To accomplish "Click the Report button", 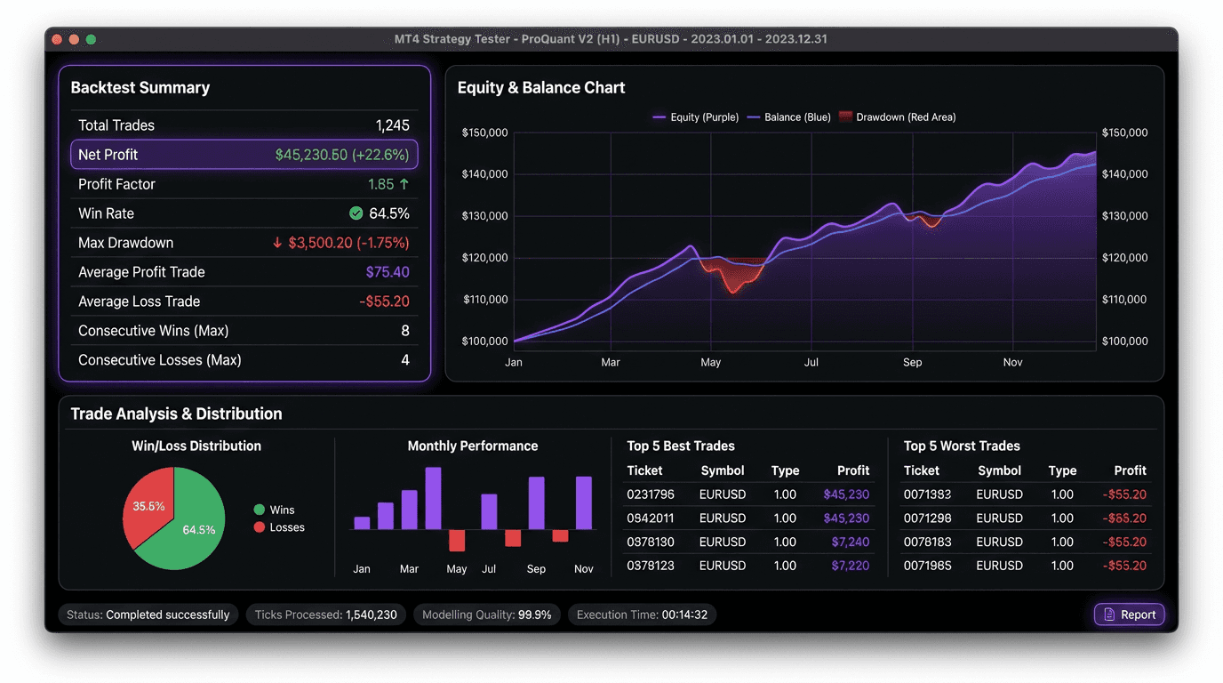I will pyautogui.click(x=1129, y=615).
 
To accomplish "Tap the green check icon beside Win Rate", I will pyautogui.click(x=356, y=213).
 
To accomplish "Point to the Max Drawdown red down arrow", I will pyautogui.click(x=277, y=243).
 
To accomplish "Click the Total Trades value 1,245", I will pyautogui.click(x=392, y=125).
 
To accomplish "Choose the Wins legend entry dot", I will pyautogui.click(x=260, y=510).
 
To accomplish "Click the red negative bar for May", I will pyautogui.click(x=457, y=540).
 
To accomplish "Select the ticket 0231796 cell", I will pyautogui.click(x=651, y=494).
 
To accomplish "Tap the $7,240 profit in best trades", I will pyautogui.click(x=850, y=542).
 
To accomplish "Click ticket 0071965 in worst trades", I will pyautogui.click(x=927, y=566).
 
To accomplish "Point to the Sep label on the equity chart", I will pyautogui.click(x=913, y=363).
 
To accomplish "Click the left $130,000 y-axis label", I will pyautogui.click(x=484, y=216).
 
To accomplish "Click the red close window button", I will pyautogui.click(x=57, y=39).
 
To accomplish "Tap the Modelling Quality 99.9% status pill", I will pyautogui.click(x=486, y=615).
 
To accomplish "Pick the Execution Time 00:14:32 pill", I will pyautogui.click(x=642, y=615).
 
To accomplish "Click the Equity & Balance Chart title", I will pyautogui.click(x=541, y=88).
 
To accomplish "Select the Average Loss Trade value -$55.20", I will pyautogui.click(x=384, y=301).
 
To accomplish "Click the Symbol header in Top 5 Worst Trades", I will pyautogui.click(x=999, y=470).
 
